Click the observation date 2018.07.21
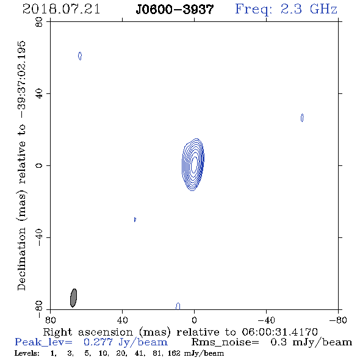[x=61, y=9]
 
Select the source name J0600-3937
[x=175, y=10]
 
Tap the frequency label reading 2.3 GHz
[x=309, y=9]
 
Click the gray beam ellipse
[x=73, y=298]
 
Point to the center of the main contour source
[x=194, y=164]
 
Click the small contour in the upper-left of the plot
[x=80, y=56]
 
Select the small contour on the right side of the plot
[x=302, y=118]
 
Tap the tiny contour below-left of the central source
[x=135, y=220]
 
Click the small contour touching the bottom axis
[x=178, y=306]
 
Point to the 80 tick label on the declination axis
[x=39, y=22]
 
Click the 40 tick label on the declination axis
[x=39, y=94]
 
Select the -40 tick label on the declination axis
[x=39, y=237]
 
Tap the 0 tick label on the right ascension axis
[x=194, y=320]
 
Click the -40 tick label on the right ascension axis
[x=266, y=320]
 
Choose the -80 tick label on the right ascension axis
[x=338, y=320]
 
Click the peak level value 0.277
[x=98, y=342]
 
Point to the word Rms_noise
[x=225, y=342]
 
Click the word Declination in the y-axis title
[x=21, y=259]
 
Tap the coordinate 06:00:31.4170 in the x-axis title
[x=279, y=332]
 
